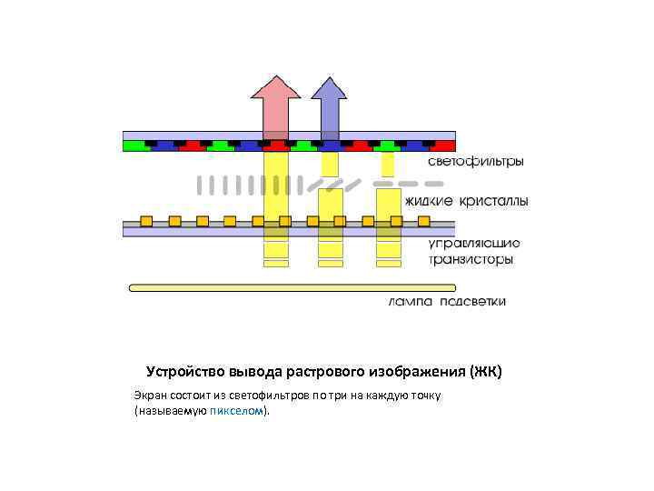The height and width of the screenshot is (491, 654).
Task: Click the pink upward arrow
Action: (x=275, y=105)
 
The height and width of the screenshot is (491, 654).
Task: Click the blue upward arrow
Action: (x=329, y=105)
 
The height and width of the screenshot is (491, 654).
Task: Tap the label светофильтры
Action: (x=475, y=162)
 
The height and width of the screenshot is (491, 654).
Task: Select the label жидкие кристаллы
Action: (x=466, y=199)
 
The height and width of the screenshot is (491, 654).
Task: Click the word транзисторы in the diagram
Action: (x=471, y=259)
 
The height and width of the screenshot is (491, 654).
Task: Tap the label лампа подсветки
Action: (x=447, y=302)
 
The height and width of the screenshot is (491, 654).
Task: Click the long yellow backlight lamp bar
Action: (x=291, y=287)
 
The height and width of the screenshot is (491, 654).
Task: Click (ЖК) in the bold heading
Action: (x=486, y=372)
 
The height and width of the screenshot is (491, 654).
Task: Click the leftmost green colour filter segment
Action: (x=134, y=145)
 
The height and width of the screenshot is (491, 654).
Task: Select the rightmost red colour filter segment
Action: (x=443, y=145)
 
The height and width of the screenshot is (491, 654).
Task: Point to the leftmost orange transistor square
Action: (x=145, y=220)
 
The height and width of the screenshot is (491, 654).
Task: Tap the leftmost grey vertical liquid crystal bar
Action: (x=201, y=185)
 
